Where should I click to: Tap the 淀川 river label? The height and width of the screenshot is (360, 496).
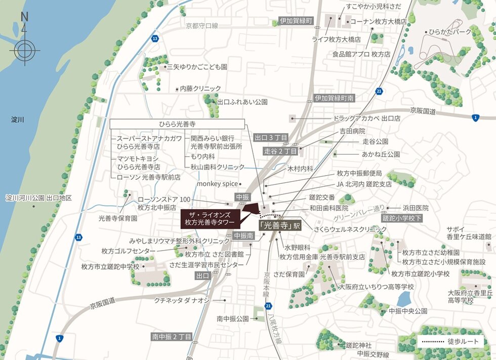pos(18,120)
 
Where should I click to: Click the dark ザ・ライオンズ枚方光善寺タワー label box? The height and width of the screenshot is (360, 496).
pos(210,218)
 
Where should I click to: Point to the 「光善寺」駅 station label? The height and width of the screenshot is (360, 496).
pos(280,225)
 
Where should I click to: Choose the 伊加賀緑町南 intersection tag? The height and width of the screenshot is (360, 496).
pos(334,98)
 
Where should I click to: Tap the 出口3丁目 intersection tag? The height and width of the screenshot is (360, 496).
pos(271,138)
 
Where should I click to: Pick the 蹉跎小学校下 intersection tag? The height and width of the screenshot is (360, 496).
pos(402,218)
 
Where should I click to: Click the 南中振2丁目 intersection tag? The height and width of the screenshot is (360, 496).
pos(172,336)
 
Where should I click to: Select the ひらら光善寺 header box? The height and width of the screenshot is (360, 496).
pos(177,124)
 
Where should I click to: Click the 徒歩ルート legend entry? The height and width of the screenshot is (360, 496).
pos(450,342)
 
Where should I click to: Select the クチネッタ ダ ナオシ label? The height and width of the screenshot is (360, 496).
pos(182,300)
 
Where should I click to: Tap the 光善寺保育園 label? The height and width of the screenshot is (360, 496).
pos(118,219)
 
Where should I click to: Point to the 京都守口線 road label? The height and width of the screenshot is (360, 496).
pos(201,26)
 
